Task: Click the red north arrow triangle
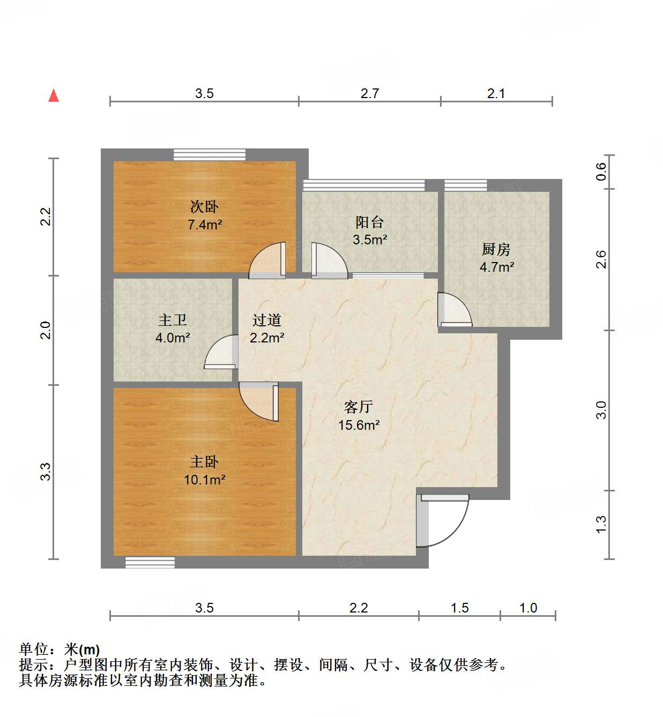[54, 96]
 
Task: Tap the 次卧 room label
[204, 207]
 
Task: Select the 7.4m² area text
[204, 225]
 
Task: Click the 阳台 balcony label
[369, 222]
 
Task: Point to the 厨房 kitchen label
[496, 249]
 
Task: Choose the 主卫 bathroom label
[173, 320]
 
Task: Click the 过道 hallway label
[267, 320]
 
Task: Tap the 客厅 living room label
[359, 407]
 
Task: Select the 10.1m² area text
[204, 479]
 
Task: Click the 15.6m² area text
[359, 425]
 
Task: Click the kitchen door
[454, 310]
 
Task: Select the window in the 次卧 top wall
[210, 154]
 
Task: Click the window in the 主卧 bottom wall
[150, 562]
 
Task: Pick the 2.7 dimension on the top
[369, 94]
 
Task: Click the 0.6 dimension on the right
[601, 171]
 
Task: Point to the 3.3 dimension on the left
[46, 472]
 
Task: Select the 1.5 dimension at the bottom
[459, 608]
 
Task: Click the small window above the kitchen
[466, 185]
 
